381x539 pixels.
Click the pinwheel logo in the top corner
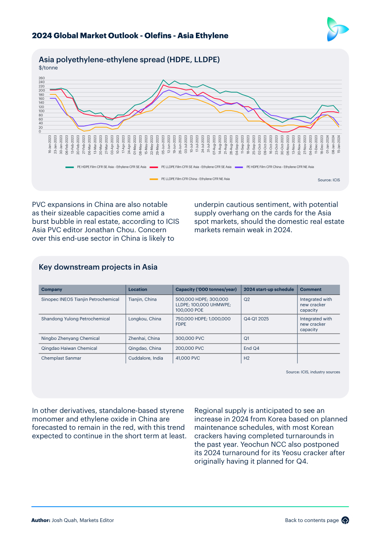pos(338,29)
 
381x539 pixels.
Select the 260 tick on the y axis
pos(42,78)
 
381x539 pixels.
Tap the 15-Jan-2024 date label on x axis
pos(339,144)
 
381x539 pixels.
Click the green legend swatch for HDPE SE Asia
pos(70,167)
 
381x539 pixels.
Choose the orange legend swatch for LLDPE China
pos(154,179)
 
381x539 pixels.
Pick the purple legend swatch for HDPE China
pos(239,167)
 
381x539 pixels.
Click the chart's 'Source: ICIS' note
pos(328,180)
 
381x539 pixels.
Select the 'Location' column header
pos(137,289)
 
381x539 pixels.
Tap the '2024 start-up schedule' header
pos(269,289)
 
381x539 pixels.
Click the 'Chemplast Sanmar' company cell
pos(61,358)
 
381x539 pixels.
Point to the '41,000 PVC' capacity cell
pos(188,358)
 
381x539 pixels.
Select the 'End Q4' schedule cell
pos(251,348)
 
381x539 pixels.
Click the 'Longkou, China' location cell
pos(145,319)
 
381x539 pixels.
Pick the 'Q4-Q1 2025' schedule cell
pos(256,319)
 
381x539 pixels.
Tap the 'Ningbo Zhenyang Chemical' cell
pos(70,338)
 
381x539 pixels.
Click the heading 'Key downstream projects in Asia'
pos(98,267)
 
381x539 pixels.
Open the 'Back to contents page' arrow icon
pos(345,520)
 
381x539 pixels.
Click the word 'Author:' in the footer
pos(41,520)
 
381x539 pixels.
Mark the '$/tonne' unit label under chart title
pos(48,67)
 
